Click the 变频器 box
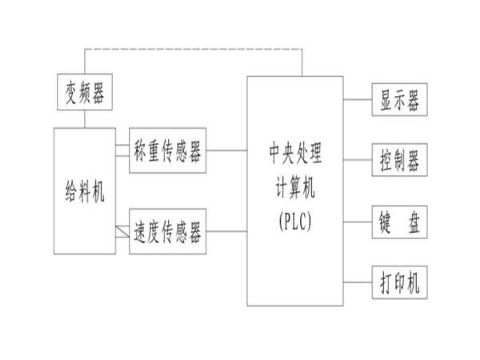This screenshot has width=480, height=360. coord(85,92)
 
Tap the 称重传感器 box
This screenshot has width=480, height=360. coord(168,150)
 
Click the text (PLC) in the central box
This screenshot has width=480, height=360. coord(295,219)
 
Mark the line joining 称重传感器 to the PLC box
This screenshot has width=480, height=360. coord(226,150)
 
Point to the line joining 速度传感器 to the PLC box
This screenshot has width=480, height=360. coord(226,232)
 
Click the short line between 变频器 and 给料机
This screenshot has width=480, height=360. coord(85,118)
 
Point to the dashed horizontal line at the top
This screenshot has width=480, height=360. coord(192,50)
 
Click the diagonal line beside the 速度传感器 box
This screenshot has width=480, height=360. coord(122,231)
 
